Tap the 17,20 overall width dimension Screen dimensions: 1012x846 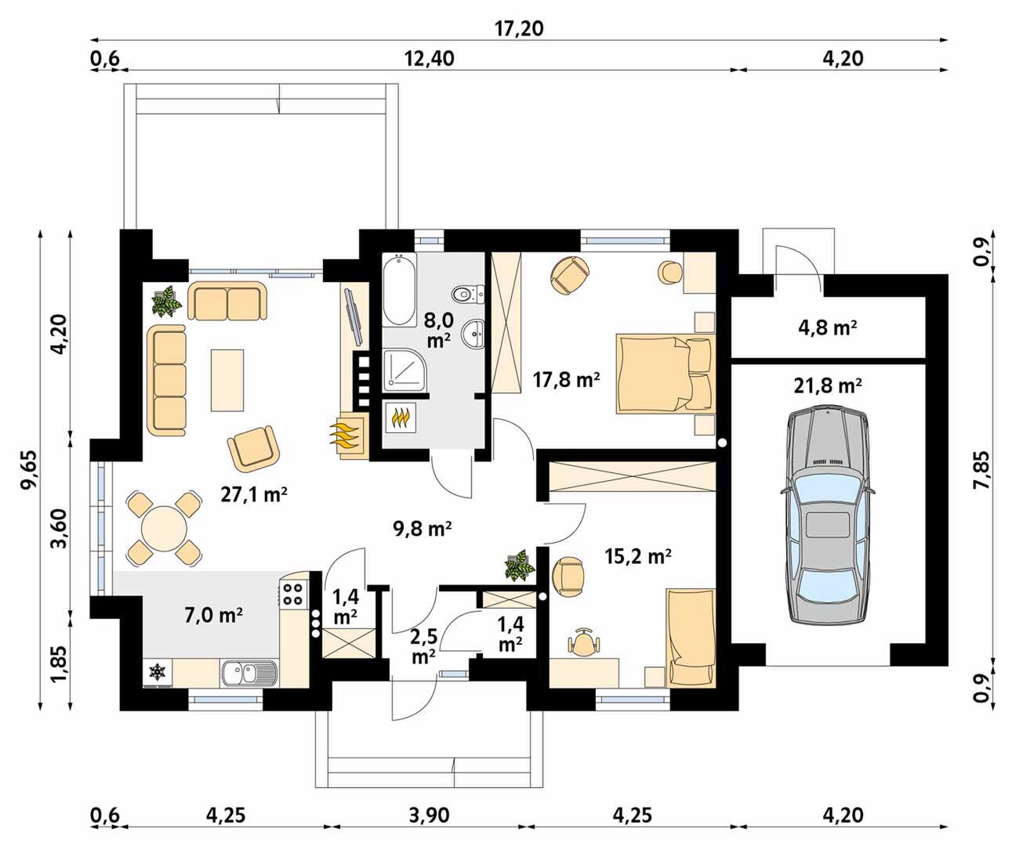tap(519, 28)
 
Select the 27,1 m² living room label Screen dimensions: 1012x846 tap(254, 494)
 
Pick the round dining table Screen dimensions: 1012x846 tap(164, 528)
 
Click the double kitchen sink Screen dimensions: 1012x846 tap(249, 673)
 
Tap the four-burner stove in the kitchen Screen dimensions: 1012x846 tap(292, 594)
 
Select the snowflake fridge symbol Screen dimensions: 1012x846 tap(158, 671)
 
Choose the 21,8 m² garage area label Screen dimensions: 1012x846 tap(828, 386)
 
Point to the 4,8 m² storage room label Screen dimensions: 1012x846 tap(827, 328)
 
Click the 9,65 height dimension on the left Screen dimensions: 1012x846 tap(28, 470)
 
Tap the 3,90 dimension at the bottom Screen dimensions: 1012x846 tap(429, 815)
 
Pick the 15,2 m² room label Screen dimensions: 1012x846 tap(638, 556)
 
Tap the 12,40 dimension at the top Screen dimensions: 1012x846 tap(430, 59)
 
